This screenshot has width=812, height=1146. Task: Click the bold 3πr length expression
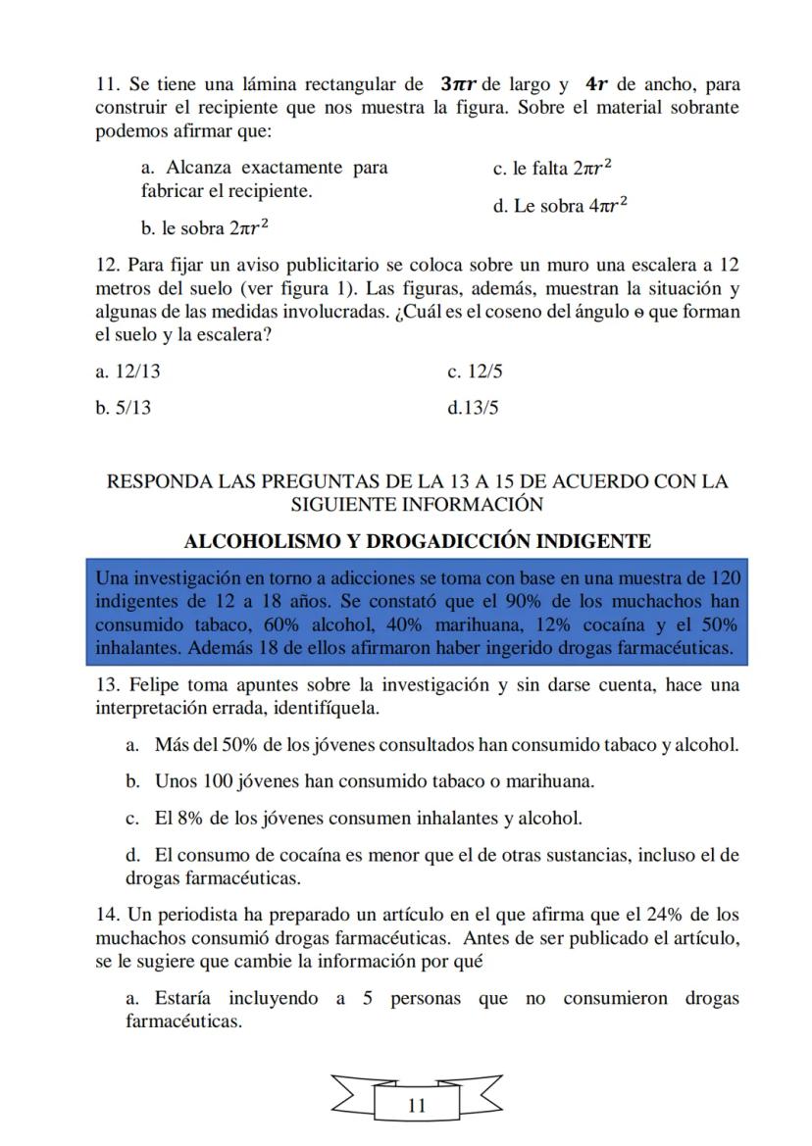(x=459, y=84)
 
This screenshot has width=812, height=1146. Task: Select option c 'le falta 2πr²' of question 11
(x=552, y=168)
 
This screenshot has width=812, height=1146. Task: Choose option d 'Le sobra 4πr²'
(x=560, y=207)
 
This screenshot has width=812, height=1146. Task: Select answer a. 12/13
(x=123, y=373)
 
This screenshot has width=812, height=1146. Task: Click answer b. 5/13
(x=123, y=407)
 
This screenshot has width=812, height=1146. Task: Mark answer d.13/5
(x=473, y=407)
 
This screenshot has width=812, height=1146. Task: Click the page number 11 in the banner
(x=416, y=1106)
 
